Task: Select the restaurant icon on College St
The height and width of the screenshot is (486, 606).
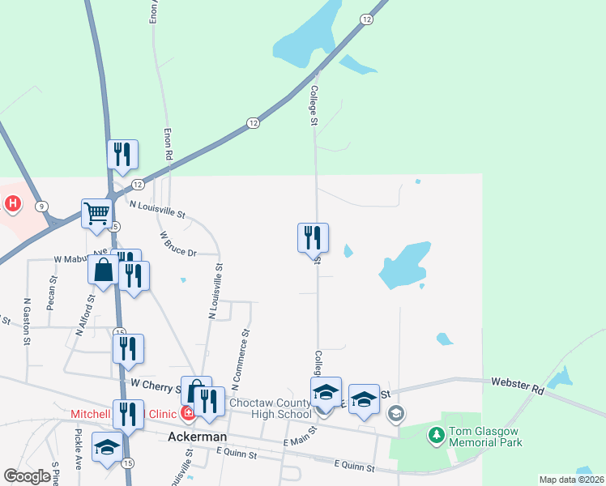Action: pos(313,238)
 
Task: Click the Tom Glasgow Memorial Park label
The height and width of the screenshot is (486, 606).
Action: pos(477,437)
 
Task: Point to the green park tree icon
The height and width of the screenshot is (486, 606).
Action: pos(437,436)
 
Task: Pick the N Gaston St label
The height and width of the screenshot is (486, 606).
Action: pos(27,322)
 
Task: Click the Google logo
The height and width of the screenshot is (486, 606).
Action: pos(27,476)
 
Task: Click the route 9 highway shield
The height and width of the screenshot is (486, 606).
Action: pos(41,207)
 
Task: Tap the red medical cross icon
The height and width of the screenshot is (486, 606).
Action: pos(188,414)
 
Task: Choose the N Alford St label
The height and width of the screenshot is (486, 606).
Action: pos(85,314)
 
